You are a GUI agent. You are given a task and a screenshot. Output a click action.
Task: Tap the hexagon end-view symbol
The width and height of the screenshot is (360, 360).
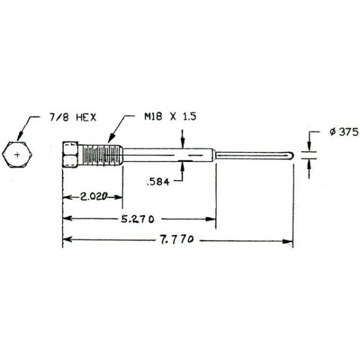[16, 155]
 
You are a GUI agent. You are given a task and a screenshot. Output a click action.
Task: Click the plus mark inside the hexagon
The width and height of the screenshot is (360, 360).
[16, 155]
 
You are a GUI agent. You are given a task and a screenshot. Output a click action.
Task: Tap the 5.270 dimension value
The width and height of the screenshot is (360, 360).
[139, 219]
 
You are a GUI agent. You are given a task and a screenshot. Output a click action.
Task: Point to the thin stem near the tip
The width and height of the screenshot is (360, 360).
[252, 155]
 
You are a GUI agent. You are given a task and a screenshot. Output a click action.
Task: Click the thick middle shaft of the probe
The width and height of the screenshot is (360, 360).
[168, 155]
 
